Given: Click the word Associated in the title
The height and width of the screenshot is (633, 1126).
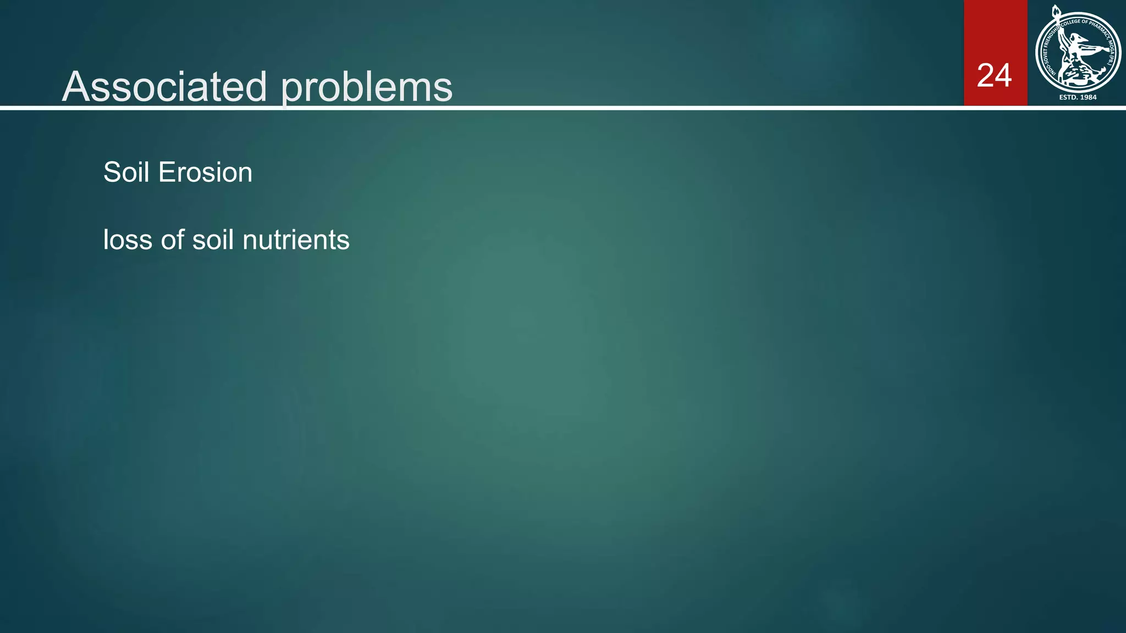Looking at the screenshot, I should click(x=165, y=87).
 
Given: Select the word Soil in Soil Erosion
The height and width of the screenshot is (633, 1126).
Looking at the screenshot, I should click(x=126, y=173).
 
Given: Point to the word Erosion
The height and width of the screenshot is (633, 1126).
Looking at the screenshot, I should click(x=205, y=173).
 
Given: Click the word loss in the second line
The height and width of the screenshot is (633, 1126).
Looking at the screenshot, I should click(x=128, y=240).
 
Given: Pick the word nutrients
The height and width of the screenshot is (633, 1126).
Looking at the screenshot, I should click(x=296, y=240).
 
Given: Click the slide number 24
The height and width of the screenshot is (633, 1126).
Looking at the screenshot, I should click(x=994, y=76).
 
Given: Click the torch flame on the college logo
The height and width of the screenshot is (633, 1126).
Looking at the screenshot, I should click(x=1055, y=11).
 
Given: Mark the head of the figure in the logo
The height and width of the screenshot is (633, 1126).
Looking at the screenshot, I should click(x=1080, y=38).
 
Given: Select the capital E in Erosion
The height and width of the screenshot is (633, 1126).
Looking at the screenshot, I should click(x=164, y=173).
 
